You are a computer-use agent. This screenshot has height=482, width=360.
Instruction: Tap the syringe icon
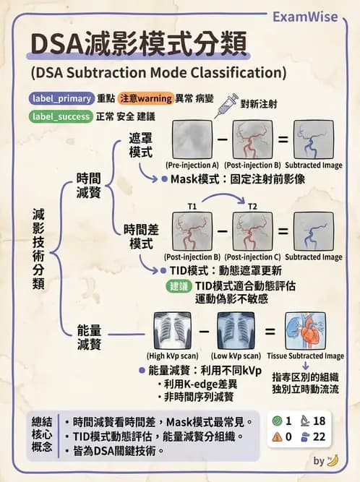(x=226, y=106)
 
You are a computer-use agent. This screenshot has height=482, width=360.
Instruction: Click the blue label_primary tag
(x=61, y=98)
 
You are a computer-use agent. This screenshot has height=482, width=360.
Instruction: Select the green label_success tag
(x=61, y=116)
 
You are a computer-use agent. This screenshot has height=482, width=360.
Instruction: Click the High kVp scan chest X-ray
(x=173, y=331)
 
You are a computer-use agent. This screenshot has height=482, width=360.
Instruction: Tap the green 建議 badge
(x=179, y=285)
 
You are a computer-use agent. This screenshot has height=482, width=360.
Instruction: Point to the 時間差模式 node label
(x=140, y=236)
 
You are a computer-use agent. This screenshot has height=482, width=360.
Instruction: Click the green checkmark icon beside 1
(x=277, y=421)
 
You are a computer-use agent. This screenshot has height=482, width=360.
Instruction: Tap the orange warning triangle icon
(x=277, y=436)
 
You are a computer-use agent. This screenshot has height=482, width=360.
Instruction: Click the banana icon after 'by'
(x=333, y=460)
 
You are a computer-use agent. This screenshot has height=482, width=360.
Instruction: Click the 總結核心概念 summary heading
(x=42, y=434)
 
